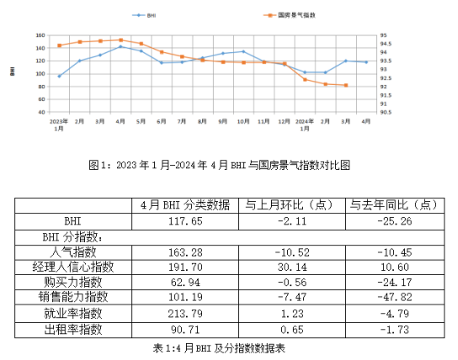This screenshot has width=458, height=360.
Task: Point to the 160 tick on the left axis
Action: (39, 35)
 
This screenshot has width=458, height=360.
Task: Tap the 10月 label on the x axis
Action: (243, 121)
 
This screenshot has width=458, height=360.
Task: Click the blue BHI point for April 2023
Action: (120, 46)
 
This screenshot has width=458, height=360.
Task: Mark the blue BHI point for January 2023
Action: (59, 76)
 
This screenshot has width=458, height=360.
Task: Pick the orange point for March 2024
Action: (346, 85)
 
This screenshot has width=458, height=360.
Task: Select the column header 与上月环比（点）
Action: (292, 204)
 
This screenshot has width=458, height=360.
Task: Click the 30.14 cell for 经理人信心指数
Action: (292, 267)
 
